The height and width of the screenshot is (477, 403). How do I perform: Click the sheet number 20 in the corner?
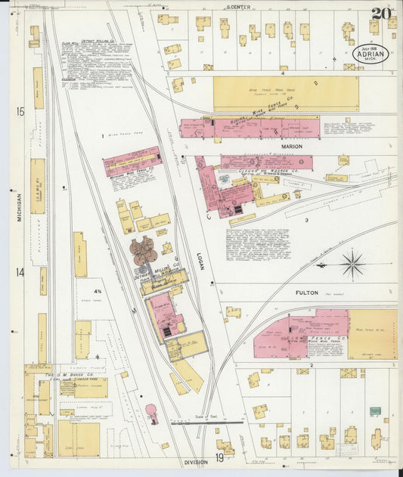tap(380, 14)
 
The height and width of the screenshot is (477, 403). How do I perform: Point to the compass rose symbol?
tap(352, 265)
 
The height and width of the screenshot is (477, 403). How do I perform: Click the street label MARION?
tap(291, 147)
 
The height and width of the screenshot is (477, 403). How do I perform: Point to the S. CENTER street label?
tap(238, 7)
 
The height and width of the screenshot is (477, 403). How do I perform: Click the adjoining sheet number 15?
tap(20, 112)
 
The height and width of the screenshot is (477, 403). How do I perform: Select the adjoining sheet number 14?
tap(20, 272)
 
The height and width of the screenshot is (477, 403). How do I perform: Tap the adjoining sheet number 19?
tap(218, 458)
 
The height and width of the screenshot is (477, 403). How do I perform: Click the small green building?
tap(375, 411)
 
